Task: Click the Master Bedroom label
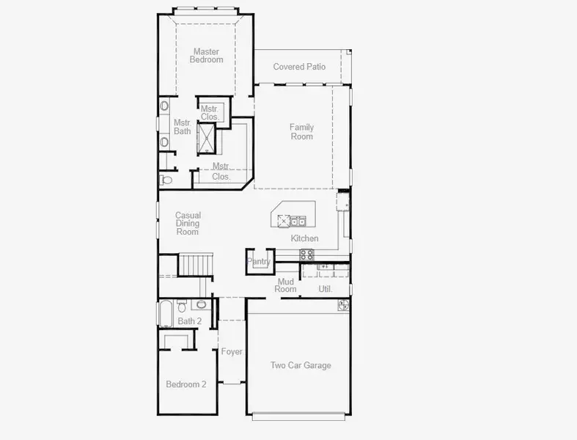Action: (x=206, y=56)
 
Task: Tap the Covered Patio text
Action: (x=299, y=67)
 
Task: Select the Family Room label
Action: (x=301, y=132)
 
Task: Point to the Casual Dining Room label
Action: (x=188, y=224)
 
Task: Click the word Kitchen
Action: (x=304, y=238)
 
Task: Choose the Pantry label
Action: (x=259, y=262)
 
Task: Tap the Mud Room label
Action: (x=286, y=285)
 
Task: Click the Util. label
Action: (x=326, y=289)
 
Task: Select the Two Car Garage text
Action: (x=301, y=365)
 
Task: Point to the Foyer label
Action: (x=232, y=352)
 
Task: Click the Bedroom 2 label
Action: (x=185, y=384)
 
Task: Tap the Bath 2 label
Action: (x=189, y=321)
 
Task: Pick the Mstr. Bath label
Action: (x=182, y=127)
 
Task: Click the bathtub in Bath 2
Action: (x=165, y=314)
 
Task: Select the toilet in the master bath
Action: (x=166, y=178)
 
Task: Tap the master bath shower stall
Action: (x=207, y=138)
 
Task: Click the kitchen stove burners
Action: (x=307, y=254)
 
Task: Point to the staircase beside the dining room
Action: (x=196, y=263)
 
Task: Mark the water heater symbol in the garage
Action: (x=343, y=304)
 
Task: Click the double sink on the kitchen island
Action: (x=296, y=220)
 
